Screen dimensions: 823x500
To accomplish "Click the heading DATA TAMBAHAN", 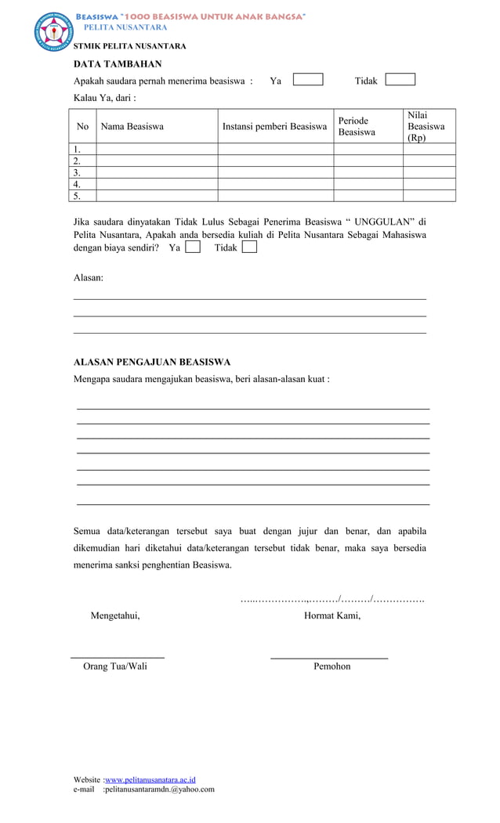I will click(118, 64).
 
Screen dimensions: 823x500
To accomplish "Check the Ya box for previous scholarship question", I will click(307, 80).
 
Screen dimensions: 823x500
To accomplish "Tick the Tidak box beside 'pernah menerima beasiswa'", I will click(400, 80).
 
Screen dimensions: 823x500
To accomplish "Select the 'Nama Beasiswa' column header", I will click(132, 126).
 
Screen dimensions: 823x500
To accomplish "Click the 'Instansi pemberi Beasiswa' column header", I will click(274, 126).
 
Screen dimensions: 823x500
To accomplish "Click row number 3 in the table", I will click(78, 172).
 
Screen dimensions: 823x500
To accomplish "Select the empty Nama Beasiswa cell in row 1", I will click(156, 149).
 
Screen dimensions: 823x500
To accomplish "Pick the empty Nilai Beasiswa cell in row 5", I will click(429, 196).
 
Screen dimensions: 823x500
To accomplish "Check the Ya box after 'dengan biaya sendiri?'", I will click(193, 247).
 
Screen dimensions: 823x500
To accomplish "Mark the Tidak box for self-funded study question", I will click(249, 247).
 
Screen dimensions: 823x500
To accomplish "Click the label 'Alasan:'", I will click(89, 278).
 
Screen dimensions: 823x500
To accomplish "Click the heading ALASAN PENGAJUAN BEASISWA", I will click(151, 363).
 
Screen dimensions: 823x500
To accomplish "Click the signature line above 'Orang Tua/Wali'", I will click(118, 657).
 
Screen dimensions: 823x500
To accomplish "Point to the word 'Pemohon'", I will click(332, 666).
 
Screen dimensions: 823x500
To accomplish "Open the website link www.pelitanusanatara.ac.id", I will click(150, 780).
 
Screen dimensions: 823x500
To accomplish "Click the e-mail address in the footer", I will click(159, 789).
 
